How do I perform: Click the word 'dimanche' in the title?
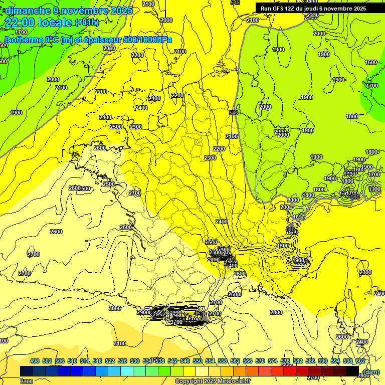(x=25, y=11)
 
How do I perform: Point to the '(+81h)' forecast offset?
(x=87, y=23)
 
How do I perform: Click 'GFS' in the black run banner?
(x=280, y=9)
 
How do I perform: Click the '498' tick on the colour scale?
(x=35, y=361)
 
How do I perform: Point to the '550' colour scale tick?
(x=198, y=361)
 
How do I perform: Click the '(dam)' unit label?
(x=371, y=372)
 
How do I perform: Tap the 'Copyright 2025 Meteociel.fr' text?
(x=213, y=381)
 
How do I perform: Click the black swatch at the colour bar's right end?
(x=352, y=371)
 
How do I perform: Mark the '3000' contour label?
(x=115, y=308)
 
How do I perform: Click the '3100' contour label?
(x=120, y=343)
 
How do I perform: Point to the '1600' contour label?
(x=371, y=63)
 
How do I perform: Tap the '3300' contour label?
(x=27, y=381)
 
